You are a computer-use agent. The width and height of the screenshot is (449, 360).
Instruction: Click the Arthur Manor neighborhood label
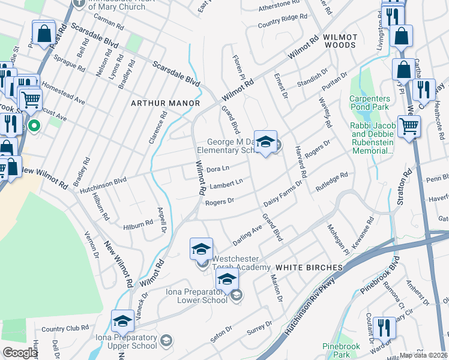[165, 103]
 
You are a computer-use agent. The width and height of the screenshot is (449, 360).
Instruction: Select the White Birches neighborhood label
[304, 266]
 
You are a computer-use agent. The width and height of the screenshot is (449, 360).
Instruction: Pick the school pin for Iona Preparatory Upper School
[123, 322]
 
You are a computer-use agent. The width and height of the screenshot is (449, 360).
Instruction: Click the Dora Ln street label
[218, 169]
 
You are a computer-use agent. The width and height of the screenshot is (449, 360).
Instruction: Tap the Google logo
[20, 353]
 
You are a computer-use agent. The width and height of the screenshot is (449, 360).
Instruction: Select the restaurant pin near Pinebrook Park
[384, 329]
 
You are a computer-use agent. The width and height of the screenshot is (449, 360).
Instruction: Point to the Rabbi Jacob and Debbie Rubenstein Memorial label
[372, 137]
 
